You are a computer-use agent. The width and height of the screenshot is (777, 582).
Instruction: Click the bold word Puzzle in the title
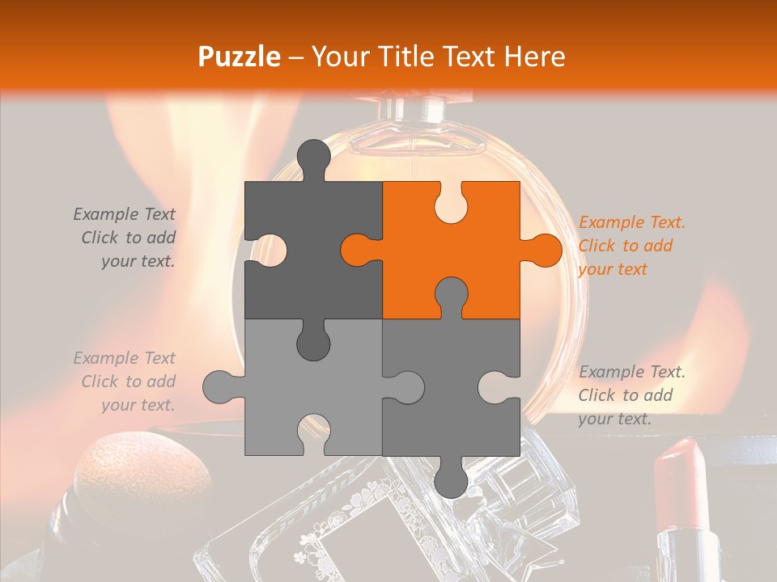(240, 57)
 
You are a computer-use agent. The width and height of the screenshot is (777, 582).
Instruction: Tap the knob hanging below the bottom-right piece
(451, 480)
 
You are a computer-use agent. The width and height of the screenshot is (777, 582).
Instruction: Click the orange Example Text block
(631, 246)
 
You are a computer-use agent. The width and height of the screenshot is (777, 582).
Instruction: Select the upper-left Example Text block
(126, 238)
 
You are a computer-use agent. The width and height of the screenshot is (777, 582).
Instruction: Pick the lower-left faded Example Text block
(126, 382)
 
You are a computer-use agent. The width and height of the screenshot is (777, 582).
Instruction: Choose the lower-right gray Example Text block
(631, 395)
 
